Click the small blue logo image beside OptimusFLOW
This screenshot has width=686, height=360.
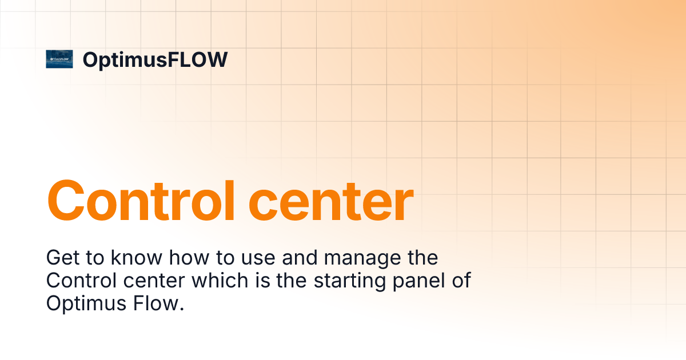tap(59, 59)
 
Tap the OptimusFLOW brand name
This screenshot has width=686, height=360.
tap(155, 59)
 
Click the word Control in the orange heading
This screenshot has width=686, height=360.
tap(138, 201)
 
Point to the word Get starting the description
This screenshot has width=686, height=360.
tap(62, 258)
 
